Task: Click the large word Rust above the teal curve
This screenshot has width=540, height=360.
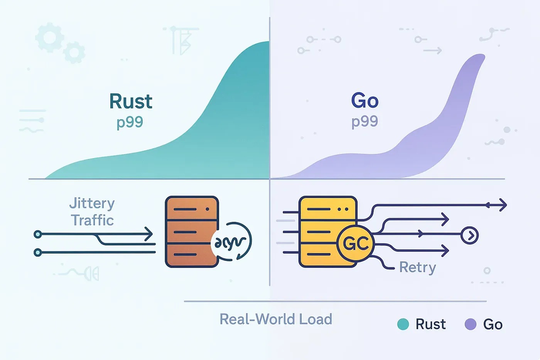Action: coord(131,101)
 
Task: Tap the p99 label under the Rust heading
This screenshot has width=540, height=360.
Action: coord(130,122)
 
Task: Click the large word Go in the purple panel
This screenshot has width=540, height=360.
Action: coord(364,101)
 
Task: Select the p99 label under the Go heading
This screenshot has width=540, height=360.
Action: coord(364,122)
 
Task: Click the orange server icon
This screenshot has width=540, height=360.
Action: coord(191,232)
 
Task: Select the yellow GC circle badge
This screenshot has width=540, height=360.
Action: coord(355,243)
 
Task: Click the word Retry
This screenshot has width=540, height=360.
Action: coord(417,267)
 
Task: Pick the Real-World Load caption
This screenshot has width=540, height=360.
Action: coord(276,319)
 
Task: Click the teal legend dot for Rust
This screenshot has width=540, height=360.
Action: coord(403,324)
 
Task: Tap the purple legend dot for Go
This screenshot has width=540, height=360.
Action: coord(471,324)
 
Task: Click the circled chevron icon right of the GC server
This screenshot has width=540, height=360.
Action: coord(470,235)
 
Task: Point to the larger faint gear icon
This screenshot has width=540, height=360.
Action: coord(49,37)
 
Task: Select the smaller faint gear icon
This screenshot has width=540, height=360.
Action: coord(74,52)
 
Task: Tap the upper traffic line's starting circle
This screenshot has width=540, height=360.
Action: coord(37,234)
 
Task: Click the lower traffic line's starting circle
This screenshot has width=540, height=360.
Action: coord(37,252)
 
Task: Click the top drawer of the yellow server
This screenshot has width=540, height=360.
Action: coord(328,209)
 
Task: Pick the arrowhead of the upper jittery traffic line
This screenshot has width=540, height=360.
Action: coord(149,234)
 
